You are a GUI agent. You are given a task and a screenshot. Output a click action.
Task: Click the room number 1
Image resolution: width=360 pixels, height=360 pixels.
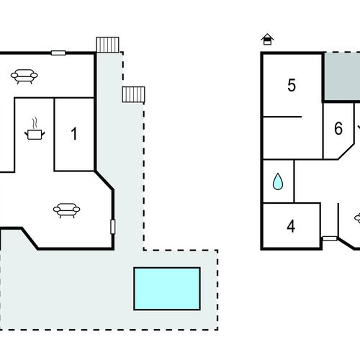74,134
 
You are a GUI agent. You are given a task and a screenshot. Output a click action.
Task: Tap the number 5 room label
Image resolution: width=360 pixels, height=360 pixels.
292,85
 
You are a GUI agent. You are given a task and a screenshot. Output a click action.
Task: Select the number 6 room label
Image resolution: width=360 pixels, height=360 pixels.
338,128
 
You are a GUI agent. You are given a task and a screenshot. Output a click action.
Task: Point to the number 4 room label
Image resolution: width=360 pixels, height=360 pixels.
291,226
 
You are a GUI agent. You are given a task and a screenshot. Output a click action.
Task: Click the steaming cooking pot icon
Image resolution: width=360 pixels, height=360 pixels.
35,129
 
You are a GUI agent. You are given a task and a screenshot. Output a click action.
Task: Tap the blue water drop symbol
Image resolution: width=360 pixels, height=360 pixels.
278,181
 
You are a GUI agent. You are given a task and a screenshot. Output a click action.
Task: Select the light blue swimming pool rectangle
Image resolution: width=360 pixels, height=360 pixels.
167,289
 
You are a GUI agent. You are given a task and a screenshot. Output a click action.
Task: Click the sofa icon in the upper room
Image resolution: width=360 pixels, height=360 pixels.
24,76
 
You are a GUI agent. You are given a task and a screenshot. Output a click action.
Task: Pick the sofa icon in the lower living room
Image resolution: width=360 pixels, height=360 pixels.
66,210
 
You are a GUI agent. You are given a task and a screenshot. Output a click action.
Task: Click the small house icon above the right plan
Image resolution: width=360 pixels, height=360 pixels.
267,40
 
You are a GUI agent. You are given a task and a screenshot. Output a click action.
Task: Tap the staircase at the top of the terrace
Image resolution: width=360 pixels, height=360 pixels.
107,45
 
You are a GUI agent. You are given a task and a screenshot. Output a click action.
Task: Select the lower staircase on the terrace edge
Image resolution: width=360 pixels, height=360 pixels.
133,94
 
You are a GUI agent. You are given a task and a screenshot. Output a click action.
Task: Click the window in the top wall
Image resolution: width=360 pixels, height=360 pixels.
58,53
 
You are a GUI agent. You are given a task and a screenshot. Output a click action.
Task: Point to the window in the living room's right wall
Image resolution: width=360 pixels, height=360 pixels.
112,227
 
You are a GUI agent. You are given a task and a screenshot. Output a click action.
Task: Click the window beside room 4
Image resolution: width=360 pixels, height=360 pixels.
330,238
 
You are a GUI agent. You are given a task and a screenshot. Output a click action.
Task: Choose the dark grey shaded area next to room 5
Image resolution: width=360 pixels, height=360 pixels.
342,77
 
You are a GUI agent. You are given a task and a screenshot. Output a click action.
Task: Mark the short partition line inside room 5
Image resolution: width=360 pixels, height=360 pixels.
282,117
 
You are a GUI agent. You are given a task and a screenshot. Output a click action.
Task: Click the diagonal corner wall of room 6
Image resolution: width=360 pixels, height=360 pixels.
346,151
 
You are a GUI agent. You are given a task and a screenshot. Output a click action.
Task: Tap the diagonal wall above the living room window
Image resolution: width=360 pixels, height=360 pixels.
104,181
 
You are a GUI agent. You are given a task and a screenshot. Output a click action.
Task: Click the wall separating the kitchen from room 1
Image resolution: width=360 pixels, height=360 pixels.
54,135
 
